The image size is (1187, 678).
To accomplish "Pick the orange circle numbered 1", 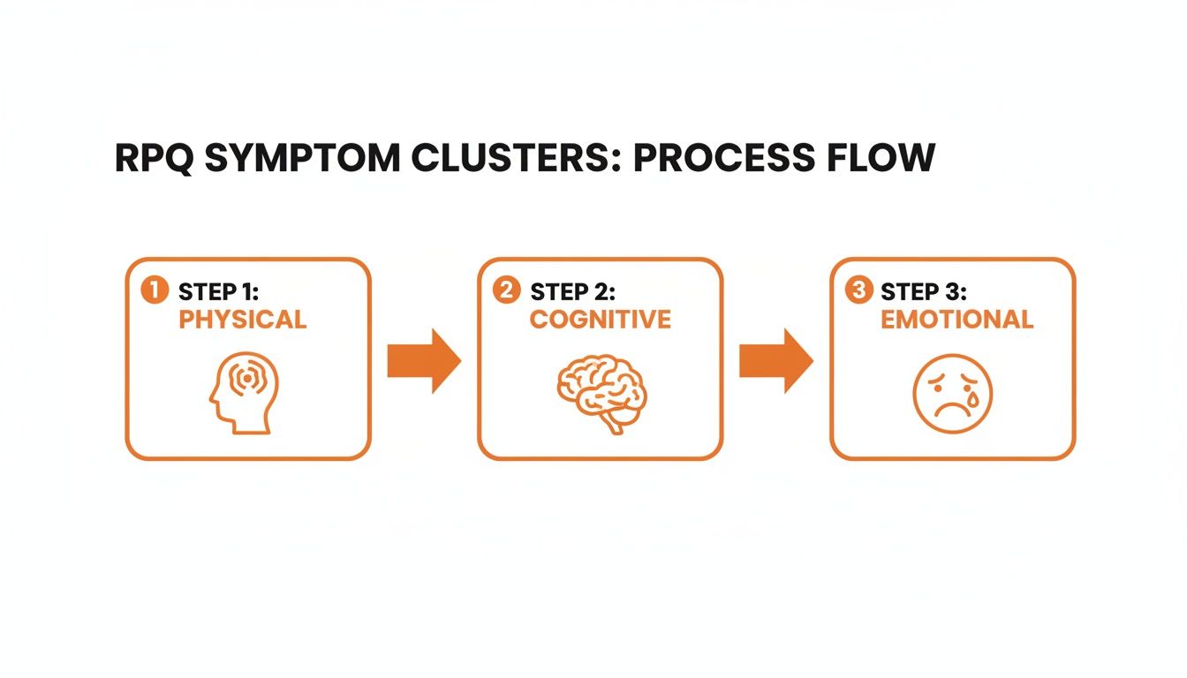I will point(155,290).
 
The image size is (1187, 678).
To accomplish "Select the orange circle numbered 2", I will point(506,290).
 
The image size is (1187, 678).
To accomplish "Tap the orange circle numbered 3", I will point(858,290).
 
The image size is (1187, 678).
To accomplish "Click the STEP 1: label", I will point(220,291).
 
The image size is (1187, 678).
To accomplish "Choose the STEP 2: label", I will point(573,291).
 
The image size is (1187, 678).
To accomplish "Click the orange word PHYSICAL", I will point(242,320).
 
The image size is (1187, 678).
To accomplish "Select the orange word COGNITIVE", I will point(600,320).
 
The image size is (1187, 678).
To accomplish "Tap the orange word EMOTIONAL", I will point(956,320).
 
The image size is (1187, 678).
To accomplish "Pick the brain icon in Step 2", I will point(601,393).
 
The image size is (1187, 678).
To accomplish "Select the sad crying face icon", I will point(953,393).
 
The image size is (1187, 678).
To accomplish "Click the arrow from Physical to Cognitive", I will point(424,360).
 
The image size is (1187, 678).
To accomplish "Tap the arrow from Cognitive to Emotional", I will point(775,360).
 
